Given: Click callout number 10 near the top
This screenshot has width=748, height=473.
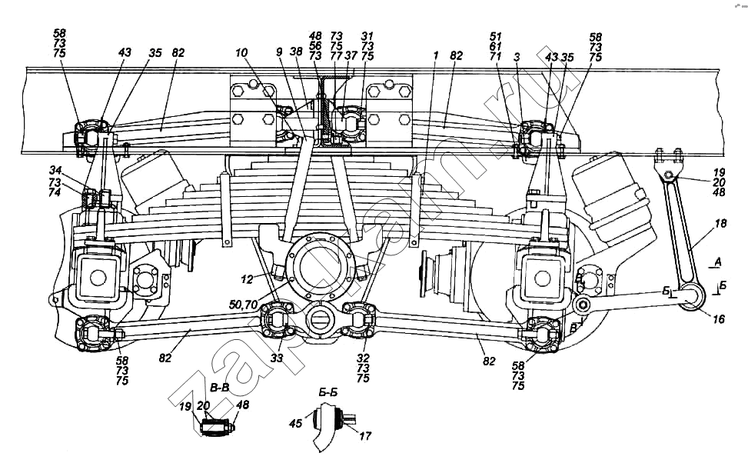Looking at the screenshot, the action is coord(241,52).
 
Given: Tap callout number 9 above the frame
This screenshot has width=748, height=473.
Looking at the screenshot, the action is coord(279,52).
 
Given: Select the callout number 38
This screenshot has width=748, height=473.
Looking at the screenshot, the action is coord(296,51).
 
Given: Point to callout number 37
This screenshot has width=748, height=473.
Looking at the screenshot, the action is coord(351,55).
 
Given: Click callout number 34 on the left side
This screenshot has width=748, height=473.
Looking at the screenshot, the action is coord(55,171).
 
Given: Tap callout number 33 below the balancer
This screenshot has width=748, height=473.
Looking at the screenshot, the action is coord(277,358).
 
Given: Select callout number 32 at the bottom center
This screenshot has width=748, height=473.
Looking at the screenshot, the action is coord(363,358).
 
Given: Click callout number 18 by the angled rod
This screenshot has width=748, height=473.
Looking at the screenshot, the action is coord(720,223).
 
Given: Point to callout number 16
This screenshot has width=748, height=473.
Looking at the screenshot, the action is coord(719,319).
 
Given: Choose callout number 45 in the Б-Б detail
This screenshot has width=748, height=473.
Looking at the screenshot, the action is coord(295,423).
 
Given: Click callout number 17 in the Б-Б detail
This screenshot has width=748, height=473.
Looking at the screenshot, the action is coord(365,435).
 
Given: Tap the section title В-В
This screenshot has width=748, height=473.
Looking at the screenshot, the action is coord(219,388).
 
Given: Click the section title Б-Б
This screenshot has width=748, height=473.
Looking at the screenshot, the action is coord(327,392).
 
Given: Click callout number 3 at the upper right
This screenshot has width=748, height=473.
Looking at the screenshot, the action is coord(516,57).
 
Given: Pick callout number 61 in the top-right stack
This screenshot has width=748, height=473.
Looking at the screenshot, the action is coord(496,46).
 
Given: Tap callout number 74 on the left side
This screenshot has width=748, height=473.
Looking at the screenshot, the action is coord(55,192).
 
